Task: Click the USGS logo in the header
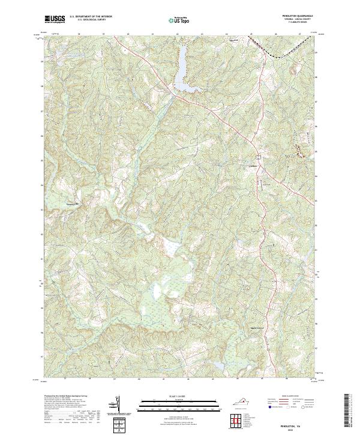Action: pos(55,19)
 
